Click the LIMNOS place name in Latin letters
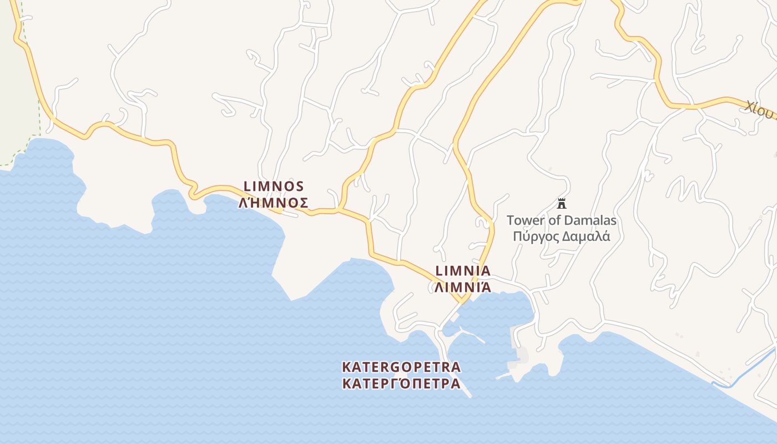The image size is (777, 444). click(x=274, y=186)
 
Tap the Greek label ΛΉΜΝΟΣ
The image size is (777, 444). click(x=274, y=203)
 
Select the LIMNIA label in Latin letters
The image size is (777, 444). click(x=463, y=271)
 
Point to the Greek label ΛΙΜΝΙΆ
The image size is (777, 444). click(x=463, y=287)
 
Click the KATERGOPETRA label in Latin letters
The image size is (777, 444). click(x=401, y=367)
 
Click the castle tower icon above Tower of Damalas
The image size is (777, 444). click(x=561, y=203)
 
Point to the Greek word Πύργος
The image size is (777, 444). click(x=536, y=237)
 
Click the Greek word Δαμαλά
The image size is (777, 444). click(x=586, y=237)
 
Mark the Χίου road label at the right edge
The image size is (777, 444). click(x=759, y=110)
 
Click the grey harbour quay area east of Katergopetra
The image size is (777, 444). click(x=522, y=355)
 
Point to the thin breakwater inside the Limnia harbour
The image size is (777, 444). click(x=472, y=335)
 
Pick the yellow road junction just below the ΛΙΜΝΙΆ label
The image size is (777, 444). click(x=461, y=300)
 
